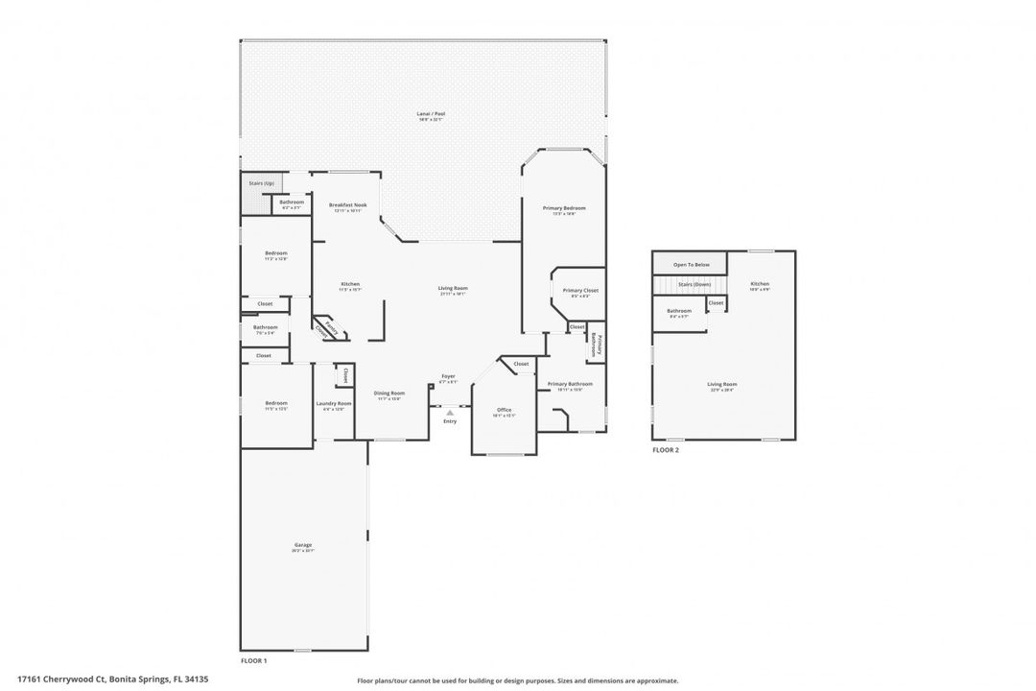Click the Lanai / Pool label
click(431, 114)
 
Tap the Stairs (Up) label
click(262, 182)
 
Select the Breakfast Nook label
click(347, 204)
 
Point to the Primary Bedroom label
click(563, 208)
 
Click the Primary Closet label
click(580, 291)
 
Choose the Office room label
click(504, 410)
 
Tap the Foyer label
click(448, 376)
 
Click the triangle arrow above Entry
click(449, 413)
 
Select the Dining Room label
click(389, 393)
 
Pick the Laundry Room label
click(334, 403)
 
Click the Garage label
click(303, 545)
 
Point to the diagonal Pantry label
click(332, 328)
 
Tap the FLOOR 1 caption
click(253, 660)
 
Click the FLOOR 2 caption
click(666, 449)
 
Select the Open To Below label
click(691, 264)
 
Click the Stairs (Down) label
click(694, 285)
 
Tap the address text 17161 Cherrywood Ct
click(60, 679)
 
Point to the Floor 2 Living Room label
click(723, 385)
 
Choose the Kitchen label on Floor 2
click(760, 284)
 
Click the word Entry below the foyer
click(450, 421)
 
